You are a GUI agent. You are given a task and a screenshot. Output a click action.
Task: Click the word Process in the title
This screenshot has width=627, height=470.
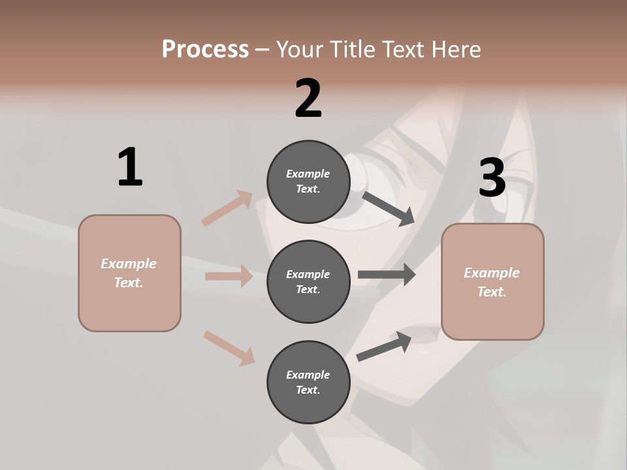[x=205, y=50]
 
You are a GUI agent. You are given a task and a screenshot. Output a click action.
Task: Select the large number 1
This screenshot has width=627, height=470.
[x=130, y=167]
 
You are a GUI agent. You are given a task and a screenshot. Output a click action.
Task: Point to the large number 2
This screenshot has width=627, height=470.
[x=308, y=99]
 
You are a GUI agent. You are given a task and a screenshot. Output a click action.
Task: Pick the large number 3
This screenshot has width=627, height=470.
[x=492, y=178]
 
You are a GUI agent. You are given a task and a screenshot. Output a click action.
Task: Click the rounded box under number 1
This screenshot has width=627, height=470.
[x=129, y=273]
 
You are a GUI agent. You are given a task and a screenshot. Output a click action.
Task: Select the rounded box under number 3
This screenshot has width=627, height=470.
[x=492, y=282]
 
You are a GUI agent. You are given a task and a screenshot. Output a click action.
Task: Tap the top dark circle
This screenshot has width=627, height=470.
[x=308, y=181]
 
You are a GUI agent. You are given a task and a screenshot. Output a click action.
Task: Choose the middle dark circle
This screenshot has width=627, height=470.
[x=308, y=281]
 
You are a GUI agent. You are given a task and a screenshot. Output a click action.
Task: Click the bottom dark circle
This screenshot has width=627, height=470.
[x=308, y=382]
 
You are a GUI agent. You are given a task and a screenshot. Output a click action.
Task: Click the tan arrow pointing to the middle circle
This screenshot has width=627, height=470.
[x=229, y=276]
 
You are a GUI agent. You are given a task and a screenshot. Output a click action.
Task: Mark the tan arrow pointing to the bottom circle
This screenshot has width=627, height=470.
[x=229, y=347]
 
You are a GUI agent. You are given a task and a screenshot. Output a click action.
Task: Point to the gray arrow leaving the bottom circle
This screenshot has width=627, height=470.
[x=384, y=347]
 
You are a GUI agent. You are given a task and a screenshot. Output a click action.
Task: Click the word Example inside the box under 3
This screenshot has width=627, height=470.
[x=492, y=273]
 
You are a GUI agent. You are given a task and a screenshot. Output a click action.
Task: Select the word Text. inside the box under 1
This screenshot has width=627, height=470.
[x=129, y=283]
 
